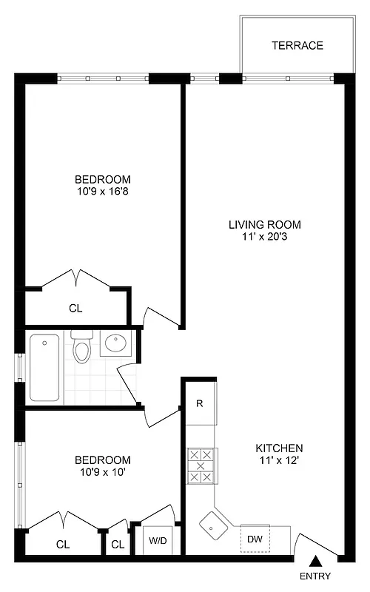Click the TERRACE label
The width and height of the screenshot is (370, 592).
coord(297,45)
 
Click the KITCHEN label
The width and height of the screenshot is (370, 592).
coord(279,448)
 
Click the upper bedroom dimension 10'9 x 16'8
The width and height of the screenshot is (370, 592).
coord(103,191)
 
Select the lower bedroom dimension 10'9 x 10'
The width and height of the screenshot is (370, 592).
coord(103,471)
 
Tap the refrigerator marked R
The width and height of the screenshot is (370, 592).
coord(200,403)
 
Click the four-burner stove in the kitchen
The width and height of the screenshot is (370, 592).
coord(201,465)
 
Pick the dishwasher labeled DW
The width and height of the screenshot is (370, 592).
coord(255,539)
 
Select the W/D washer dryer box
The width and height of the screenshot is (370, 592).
coord(158,539)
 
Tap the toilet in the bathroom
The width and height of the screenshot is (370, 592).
coord(81,349)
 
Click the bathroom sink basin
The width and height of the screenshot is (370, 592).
coord(115,343)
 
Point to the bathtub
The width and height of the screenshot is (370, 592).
coord(45,367)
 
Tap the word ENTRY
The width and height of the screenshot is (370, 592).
coord(315,577)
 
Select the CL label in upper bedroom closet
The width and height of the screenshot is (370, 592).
coord(75,308)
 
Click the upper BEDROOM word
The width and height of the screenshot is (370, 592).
coord(103,179)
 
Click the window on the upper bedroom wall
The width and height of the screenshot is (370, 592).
coord(103,78)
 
